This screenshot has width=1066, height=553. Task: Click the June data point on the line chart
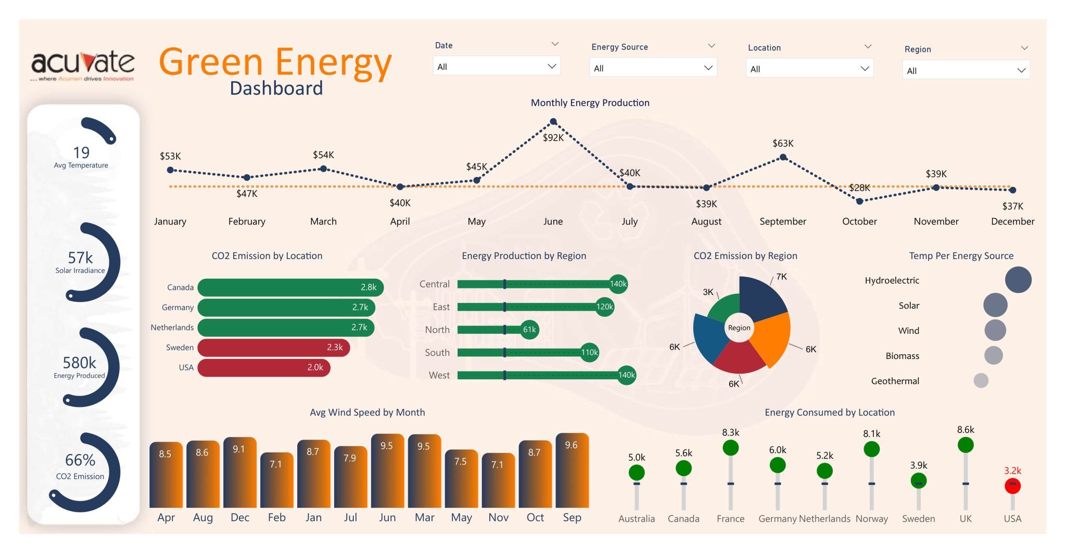pos(553,122)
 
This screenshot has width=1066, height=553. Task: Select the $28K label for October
pos(859,188)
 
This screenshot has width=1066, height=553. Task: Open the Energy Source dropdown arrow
pos(708,68)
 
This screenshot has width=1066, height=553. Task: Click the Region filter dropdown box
pos(966,71)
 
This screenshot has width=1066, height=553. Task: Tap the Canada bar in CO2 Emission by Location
pos(290,287)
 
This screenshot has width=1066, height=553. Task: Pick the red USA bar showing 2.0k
pos(263,367)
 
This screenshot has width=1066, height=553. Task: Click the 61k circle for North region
pos(529,329)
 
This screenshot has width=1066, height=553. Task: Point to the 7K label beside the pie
pos(781,277)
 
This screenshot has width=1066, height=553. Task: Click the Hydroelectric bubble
pos(1018,280)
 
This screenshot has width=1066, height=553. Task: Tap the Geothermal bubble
pos(981,381)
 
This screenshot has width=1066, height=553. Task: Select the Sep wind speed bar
pos(572,471)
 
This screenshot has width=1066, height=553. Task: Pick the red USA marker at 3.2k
pos(1012,486)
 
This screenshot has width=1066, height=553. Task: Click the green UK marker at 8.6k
pos(965,445)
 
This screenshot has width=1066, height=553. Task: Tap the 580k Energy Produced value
pos(79,363)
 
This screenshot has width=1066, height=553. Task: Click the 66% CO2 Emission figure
pos(80,460)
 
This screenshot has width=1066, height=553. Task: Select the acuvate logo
pos(83,65)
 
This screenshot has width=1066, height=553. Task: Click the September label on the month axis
pos(782,222)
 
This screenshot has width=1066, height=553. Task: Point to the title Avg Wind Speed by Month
pos(367,413)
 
